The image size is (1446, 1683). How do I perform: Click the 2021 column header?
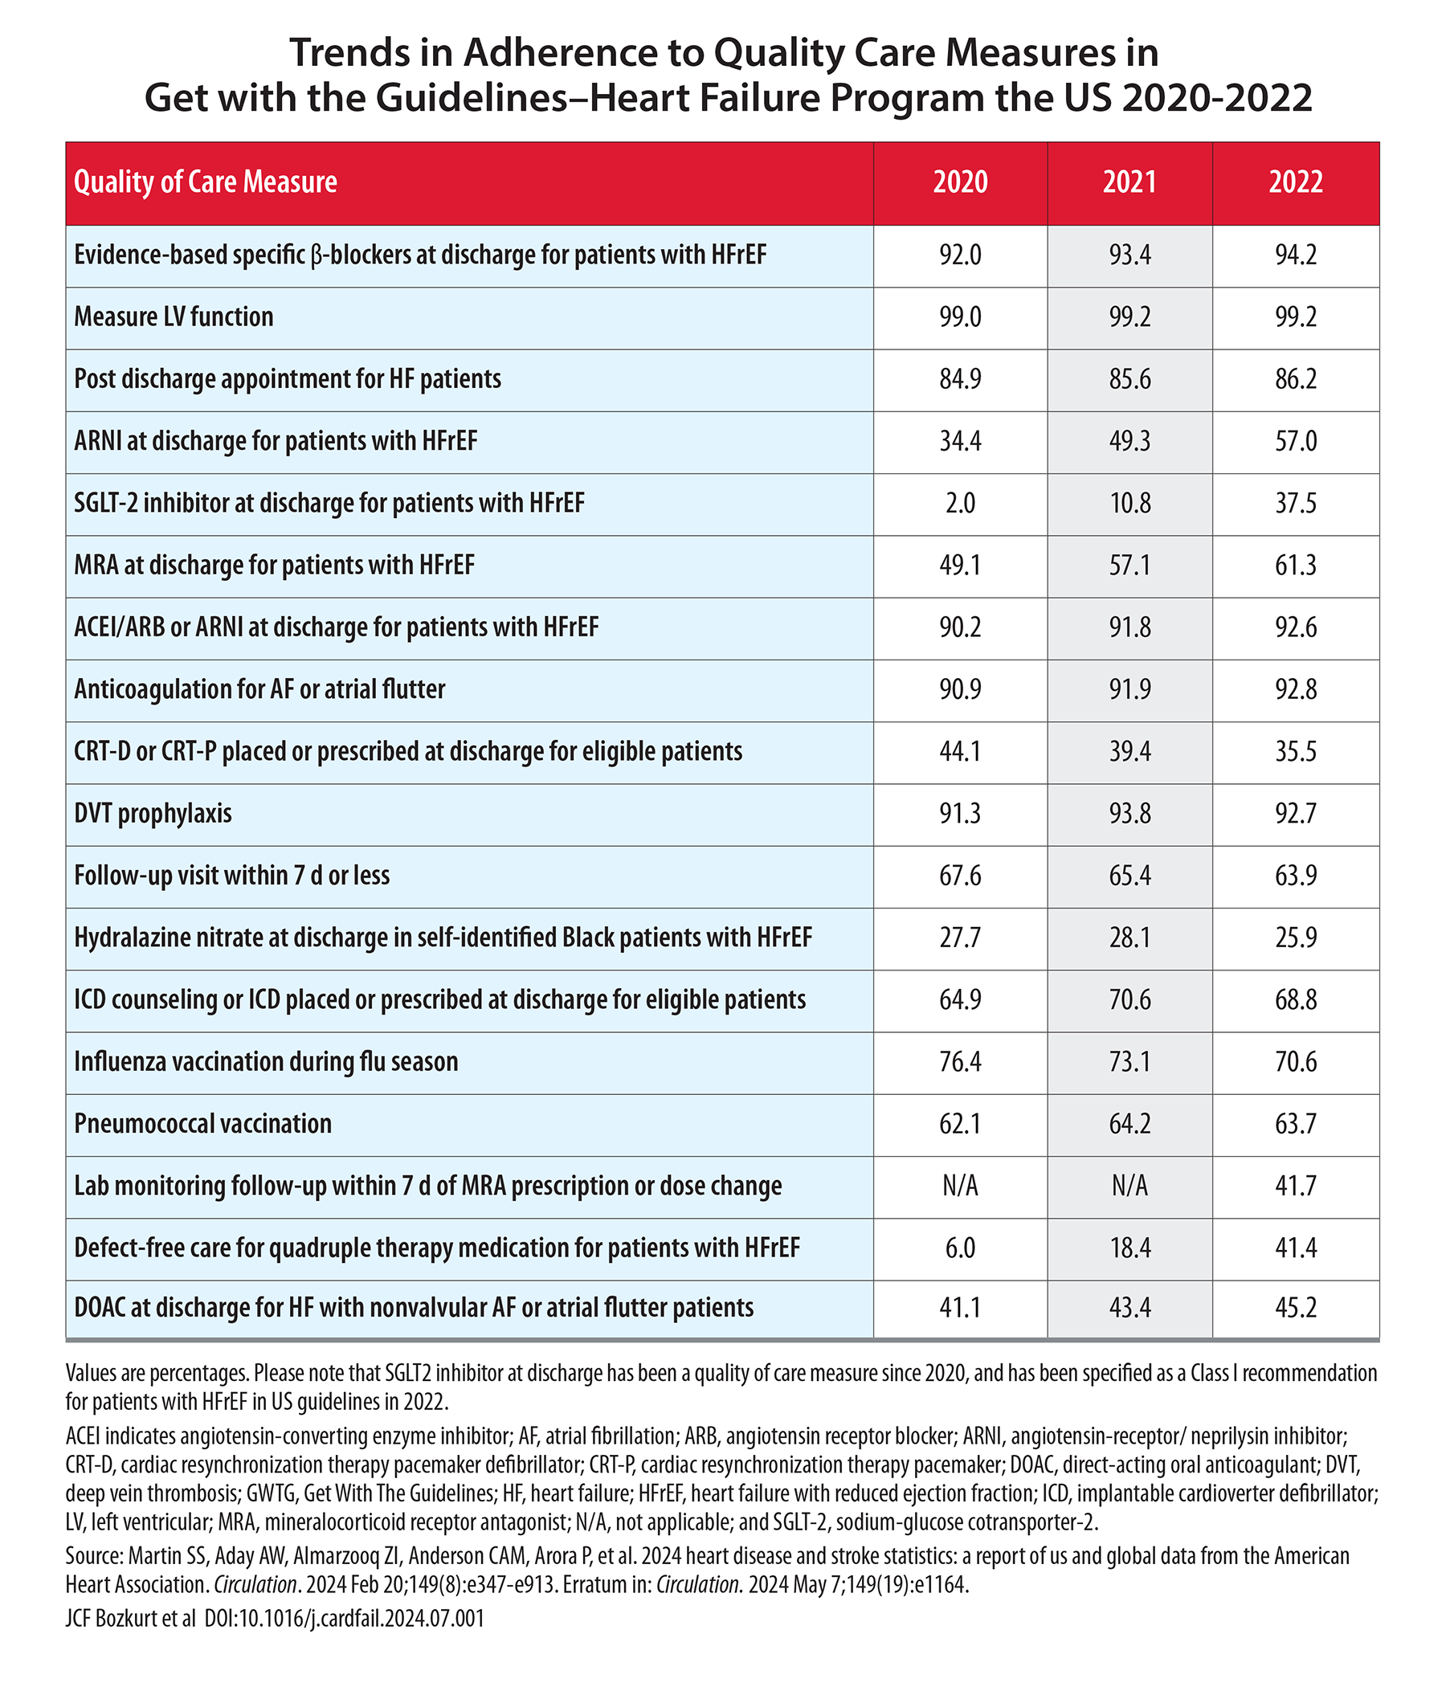tap(1129, 181)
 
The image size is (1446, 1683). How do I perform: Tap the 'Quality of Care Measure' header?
tap(206, 182)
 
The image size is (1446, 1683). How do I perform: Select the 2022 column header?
tap(1296, 181)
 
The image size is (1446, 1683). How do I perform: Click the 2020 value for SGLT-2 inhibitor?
tap(960, 503)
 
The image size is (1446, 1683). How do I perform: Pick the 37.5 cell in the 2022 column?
tap(1296, 503)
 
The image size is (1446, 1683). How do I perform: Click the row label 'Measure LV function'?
tap(174, 317)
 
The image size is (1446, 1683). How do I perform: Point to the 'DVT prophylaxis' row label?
tap(153, 813)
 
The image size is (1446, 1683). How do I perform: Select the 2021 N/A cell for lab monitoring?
tap(1129, 1186)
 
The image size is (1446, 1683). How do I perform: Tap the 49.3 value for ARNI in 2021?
tap(1129, 441)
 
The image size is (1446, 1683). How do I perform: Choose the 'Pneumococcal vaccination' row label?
tap(203, 1123)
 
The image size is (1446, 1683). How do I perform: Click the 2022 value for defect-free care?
tap(1296, 1248)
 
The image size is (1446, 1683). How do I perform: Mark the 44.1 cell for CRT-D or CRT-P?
tap(960, 751)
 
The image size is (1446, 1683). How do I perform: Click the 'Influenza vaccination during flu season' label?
tap(267, 1062)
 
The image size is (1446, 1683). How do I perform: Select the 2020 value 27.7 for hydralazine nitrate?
tap(960, 937)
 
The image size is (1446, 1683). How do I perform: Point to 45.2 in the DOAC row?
tap(1296, 1308)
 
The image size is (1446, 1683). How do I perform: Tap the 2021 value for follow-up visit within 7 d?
tap(1129, 876)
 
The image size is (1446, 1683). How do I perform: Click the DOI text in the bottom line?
tap(345, 1619)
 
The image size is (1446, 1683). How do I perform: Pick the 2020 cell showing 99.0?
tap(960, 317)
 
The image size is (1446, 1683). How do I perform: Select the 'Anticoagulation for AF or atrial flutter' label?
tap(260, 689)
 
